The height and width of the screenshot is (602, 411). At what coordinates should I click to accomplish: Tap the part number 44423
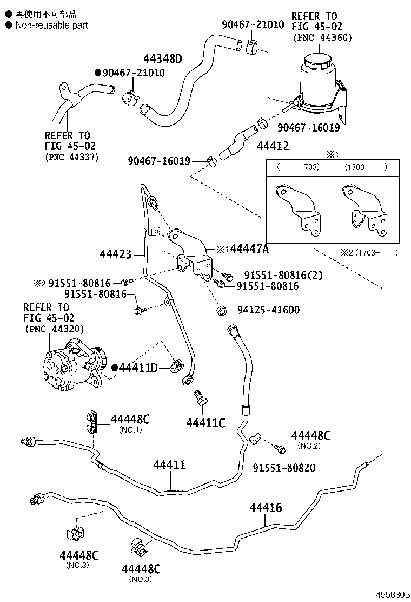[116, 253]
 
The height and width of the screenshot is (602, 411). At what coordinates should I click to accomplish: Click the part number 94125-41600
[268, 310]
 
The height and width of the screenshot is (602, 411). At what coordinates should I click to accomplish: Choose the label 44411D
[138, 368]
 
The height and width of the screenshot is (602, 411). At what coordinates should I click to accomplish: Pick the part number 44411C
[205, 422]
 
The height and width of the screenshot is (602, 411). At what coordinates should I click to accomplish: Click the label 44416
[266, 508]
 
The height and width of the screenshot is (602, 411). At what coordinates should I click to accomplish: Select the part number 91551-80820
[284, 467]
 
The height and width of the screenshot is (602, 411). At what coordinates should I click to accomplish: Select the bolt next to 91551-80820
[280, 448]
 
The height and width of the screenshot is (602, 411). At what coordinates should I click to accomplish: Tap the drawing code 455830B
[394, 594]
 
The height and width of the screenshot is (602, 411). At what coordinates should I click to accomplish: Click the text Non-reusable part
[51, 25]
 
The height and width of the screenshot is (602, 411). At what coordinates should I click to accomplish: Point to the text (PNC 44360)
[323, 37]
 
